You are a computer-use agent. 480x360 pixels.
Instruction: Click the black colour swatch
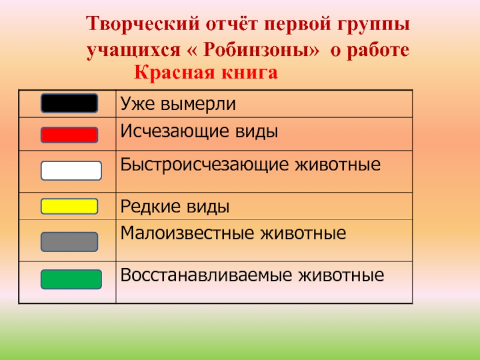click(69, 103)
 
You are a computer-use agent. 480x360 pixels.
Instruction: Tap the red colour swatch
click(69, 135)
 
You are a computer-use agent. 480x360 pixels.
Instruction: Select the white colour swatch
click(71, 171)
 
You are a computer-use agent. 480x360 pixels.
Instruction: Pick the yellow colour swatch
click(69, 206)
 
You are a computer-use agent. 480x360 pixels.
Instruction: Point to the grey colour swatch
click(69, 242)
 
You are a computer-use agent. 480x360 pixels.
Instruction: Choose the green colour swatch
click(71, 280)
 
